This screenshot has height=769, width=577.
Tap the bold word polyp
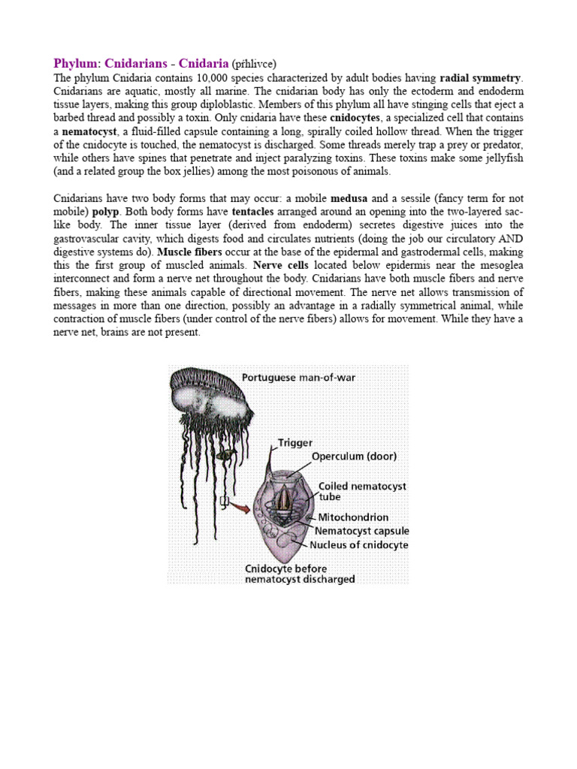(105, 213)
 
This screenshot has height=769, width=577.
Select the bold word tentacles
(256, 213)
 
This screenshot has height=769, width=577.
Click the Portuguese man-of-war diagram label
(298, 377)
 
